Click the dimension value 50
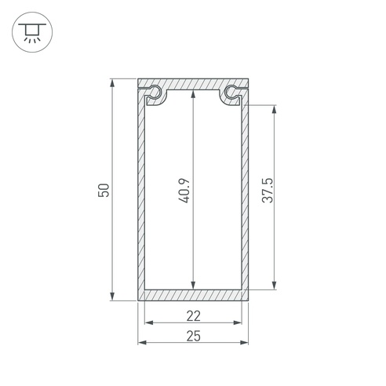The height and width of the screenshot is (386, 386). click(x=104, y=190)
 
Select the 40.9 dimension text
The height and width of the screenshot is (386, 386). click(x=184, y=191)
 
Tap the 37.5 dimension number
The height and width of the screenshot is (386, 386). click(x=268, y=190)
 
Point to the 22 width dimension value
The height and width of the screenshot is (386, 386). click(x=194, y=316)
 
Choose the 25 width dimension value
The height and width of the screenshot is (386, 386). click(x=194, y=336)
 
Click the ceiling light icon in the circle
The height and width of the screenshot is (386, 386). click(x=32, y=32)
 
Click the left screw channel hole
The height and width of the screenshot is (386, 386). click(x=155, y=92)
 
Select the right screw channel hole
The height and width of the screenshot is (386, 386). click(x=231, y=92)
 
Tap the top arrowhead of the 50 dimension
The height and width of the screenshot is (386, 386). click(x=112, y=83)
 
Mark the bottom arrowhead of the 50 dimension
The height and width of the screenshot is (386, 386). click(x=112, y=296)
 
